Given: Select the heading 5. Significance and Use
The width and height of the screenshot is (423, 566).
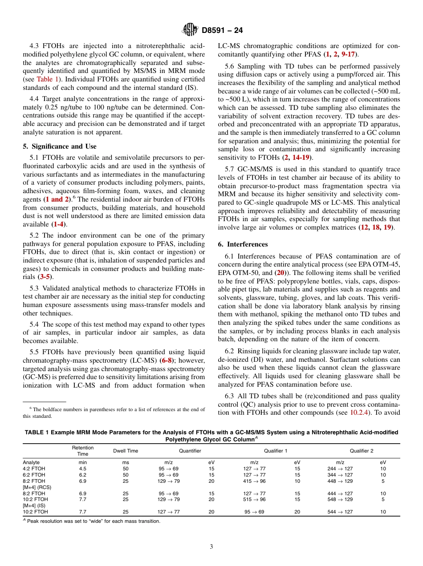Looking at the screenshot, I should point(59,146).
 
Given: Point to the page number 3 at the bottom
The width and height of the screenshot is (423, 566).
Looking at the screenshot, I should point(211,546).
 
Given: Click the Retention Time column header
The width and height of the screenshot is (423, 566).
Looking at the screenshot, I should point(83,451).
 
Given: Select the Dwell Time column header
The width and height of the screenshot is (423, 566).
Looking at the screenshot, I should point(126,451).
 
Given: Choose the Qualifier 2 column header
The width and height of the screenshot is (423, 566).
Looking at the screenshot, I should point(361,451).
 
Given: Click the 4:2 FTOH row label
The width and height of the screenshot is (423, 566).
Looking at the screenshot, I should point(34,469).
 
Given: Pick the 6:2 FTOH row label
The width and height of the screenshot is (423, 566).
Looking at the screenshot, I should point(34,475).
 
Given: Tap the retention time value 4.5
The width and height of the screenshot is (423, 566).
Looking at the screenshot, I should point(83,469).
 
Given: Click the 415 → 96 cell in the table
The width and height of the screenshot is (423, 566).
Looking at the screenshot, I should point(255,481).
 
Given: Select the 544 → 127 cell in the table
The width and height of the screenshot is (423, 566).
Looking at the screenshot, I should point(340,512).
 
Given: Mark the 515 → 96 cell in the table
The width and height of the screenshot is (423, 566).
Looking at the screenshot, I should point(255,500).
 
